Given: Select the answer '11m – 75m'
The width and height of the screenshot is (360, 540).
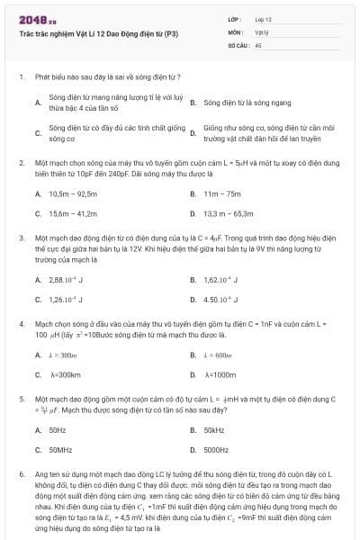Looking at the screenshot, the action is pyautogui.click(x=222, y=193).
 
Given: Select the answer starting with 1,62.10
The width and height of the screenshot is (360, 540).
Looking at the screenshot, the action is pyautogui.click(x=221, y=280).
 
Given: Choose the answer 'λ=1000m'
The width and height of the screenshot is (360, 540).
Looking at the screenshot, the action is pyautogui.click(x=220, y=374).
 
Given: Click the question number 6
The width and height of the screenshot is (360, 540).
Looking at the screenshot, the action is pyautogui.click(x=21, y=472).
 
